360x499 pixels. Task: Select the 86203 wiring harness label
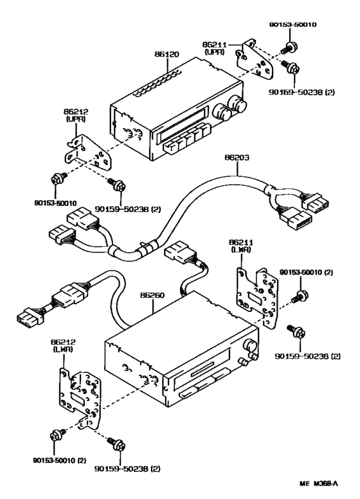point(237,156)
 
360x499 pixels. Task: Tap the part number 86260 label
point(153,296)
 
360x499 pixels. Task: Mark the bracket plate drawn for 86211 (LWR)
point(256,293)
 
